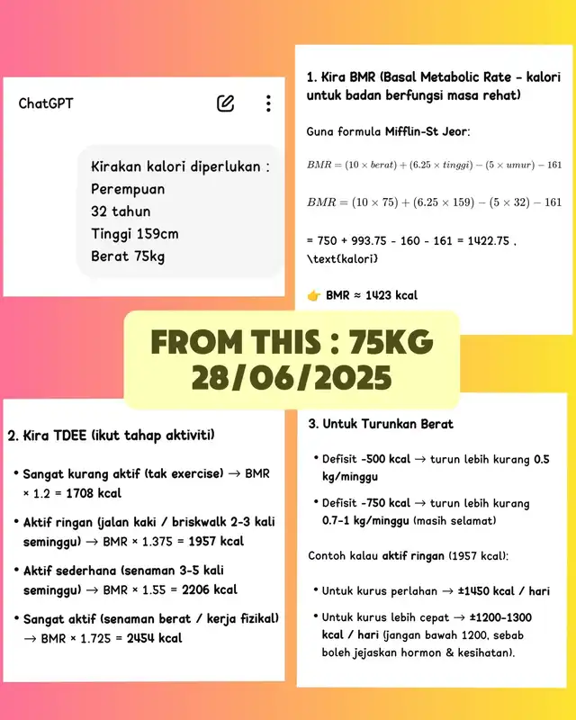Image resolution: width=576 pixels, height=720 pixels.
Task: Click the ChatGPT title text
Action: (46, 103)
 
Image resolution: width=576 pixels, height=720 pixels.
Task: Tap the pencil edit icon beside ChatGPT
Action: (225, 103)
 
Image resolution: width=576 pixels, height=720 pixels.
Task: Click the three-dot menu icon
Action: (268, 103)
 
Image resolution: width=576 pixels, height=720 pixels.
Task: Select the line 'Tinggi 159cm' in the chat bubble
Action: (134, 234)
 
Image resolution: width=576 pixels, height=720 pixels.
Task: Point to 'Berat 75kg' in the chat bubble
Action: (128, 256)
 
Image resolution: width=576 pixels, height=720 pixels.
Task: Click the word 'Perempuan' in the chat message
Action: (128, 190)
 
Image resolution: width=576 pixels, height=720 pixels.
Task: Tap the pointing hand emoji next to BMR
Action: (313, 295)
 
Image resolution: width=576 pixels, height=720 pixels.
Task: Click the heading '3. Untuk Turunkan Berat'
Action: (381, 424)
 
